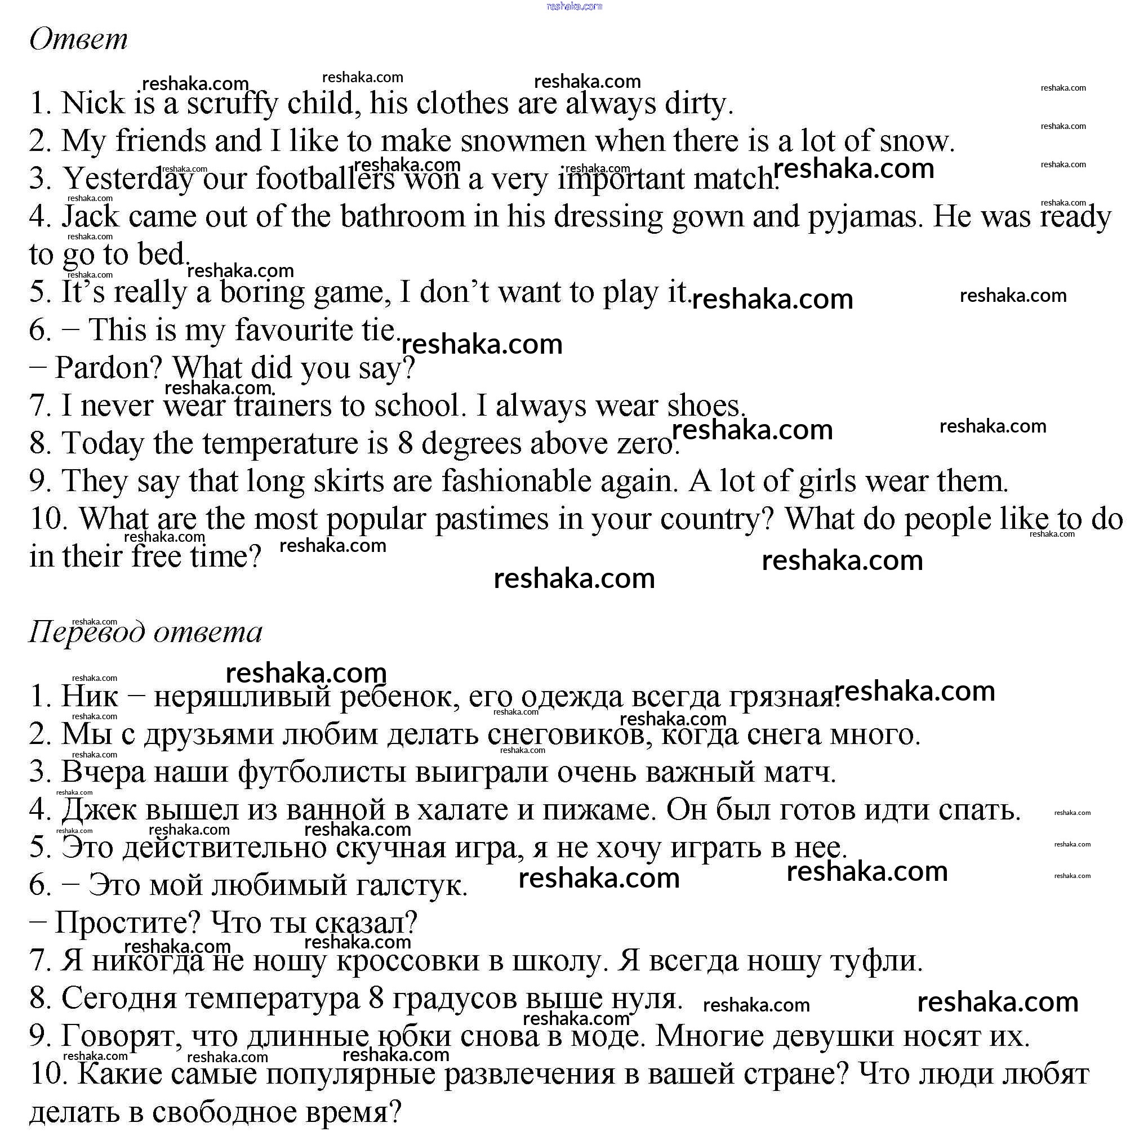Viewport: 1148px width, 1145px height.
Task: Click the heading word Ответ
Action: point(78,39)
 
